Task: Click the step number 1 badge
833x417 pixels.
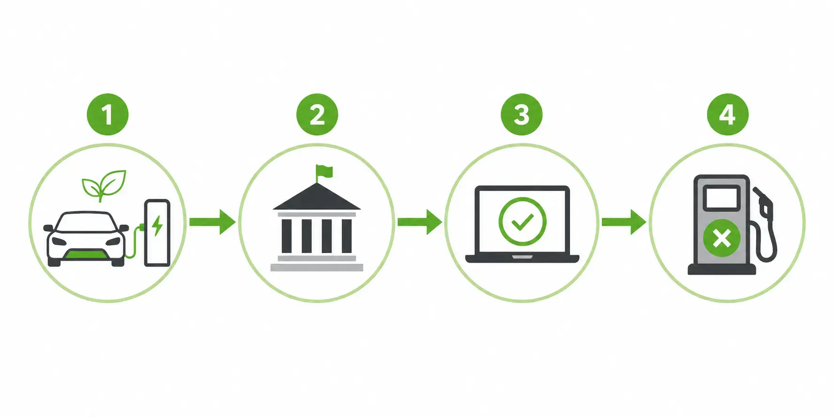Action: pyautogui.click(x=108, y=114)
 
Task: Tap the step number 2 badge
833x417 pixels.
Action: pyautogui.click(x=317, y=114)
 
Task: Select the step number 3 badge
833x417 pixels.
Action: pyautogui.click(x=522, y=114)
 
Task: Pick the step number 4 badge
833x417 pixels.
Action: pyautogui.click(x=727, y=114)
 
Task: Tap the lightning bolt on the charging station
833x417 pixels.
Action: pyautogui.click(x=157, y=225)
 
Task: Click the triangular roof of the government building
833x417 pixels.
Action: pyautogui.click(x=317, y=197)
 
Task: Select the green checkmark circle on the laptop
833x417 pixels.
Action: pyautogui.click(x=522, y=221)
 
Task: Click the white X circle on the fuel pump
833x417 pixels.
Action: pyautogui.click(x=722, y=238)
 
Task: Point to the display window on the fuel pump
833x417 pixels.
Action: pyautogui.click(x=722, y=197)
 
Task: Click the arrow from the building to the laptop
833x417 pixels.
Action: pyautogui.click(x=419, y=221)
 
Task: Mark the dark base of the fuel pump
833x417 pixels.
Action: pyautogui.click(x=722, y=269)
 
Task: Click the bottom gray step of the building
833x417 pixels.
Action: pyautogui.click(x=317, y=268)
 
